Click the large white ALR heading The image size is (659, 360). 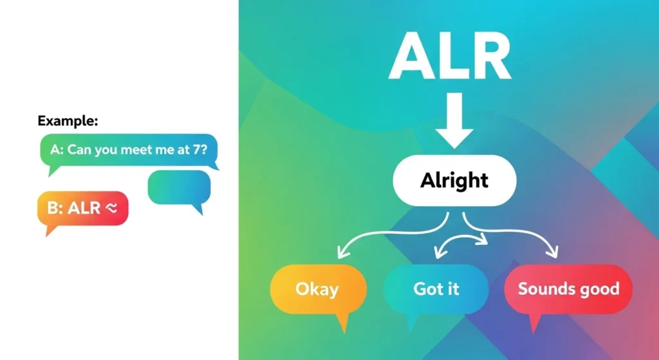(x=450, y=56)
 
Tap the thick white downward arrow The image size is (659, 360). (x=454, y=120)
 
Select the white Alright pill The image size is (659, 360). (x=454, y=180)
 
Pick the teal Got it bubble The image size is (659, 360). (x=436, y=289)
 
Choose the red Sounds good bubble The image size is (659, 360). (x=568, y=289)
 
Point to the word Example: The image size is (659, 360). (x=68, y=121)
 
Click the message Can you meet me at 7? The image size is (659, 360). (x=137, y=149)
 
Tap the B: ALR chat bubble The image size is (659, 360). (x=83, y=209)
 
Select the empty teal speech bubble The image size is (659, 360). (x=179, y=188)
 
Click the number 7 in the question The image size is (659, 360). (x=197, y=149)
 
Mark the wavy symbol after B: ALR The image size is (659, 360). (x=111, y=208)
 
